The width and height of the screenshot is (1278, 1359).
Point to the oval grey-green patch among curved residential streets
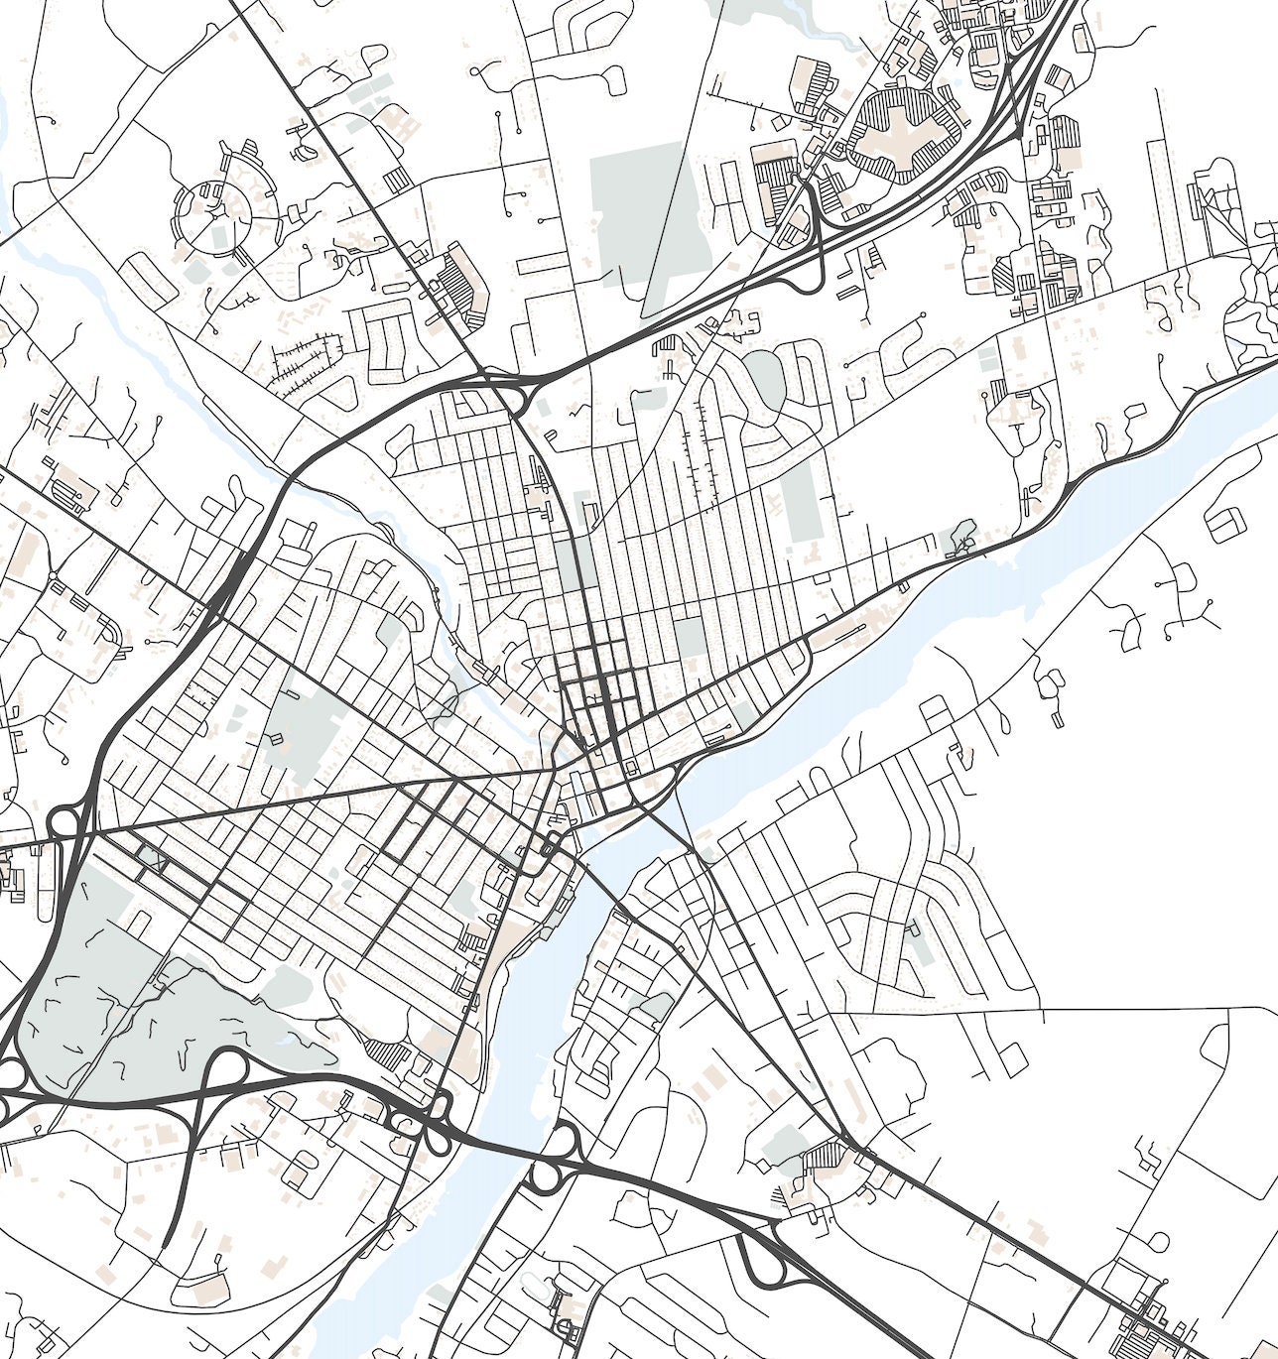pos(765,379)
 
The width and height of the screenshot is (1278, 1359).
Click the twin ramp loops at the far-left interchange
pos(65,823)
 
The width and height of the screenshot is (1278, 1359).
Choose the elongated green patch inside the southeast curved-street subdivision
pos(921,942)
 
